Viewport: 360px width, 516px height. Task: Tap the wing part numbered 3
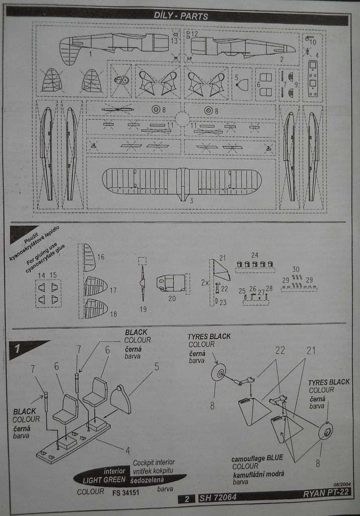coord(181,181)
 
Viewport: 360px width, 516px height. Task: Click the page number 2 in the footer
coord(186,499)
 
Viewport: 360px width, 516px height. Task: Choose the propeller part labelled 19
coord(142,282)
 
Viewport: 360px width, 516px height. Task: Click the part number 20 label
coord(172,298)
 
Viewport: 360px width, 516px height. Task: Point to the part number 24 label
coord(255,254)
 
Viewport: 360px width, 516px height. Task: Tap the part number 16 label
coord(101,257)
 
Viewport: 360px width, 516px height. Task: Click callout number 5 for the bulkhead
coord(157,366)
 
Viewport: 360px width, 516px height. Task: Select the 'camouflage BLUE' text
coord(257,458)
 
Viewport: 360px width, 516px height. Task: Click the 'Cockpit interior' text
coord(154,462)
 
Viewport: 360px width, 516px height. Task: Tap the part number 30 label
coord(296,270)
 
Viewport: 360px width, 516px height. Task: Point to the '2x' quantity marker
coord(205,283)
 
